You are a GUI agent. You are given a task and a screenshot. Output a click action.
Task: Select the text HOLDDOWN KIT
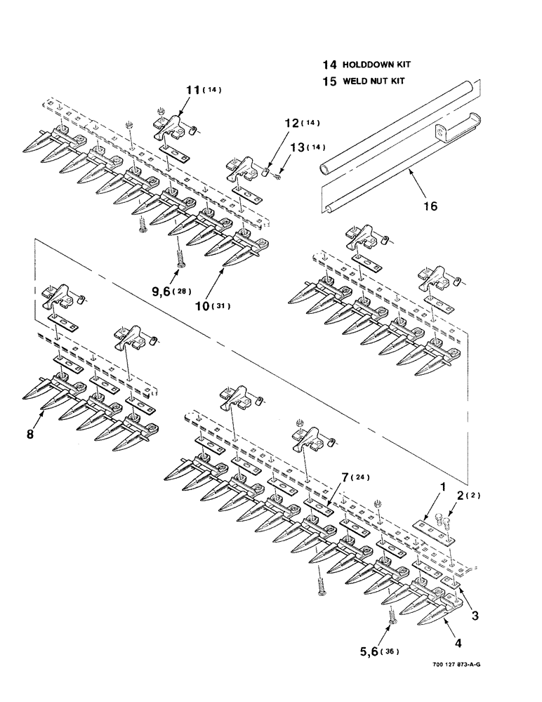point(376,65)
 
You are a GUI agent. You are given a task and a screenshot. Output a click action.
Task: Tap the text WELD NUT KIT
point(374,81)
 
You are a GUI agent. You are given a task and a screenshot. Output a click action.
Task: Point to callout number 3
point(475,616)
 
